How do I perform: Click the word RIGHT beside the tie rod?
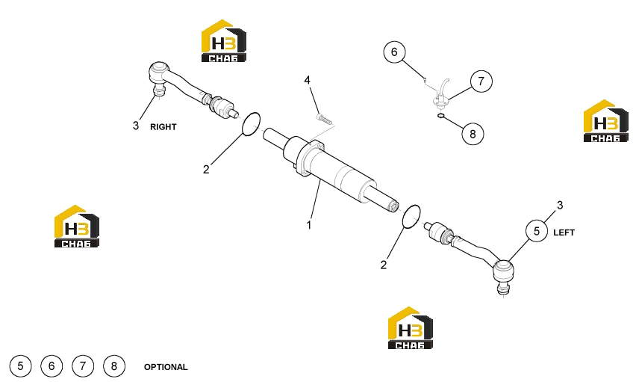163,127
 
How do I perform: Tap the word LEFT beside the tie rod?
564,232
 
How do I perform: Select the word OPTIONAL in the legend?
166,367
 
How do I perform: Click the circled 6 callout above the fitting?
394,52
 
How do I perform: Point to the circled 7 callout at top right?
481,81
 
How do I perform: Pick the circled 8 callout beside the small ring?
473,134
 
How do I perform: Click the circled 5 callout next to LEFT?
537,231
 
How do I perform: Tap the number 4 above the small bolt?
308,80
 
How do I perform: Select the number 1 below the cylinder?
309,225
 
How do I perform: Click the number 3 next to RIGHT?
136,126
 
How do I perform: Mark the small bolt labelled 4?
324,119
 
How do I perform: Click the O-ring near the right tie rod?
251,124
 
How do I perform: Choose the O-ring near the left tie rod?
411,217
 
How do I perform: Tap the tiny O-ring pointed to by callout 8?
441,116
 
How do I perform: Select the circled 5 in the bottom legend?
20,366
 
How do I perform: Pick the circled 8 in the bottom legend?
114,366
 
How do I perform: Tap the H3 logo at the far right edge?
605,121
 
